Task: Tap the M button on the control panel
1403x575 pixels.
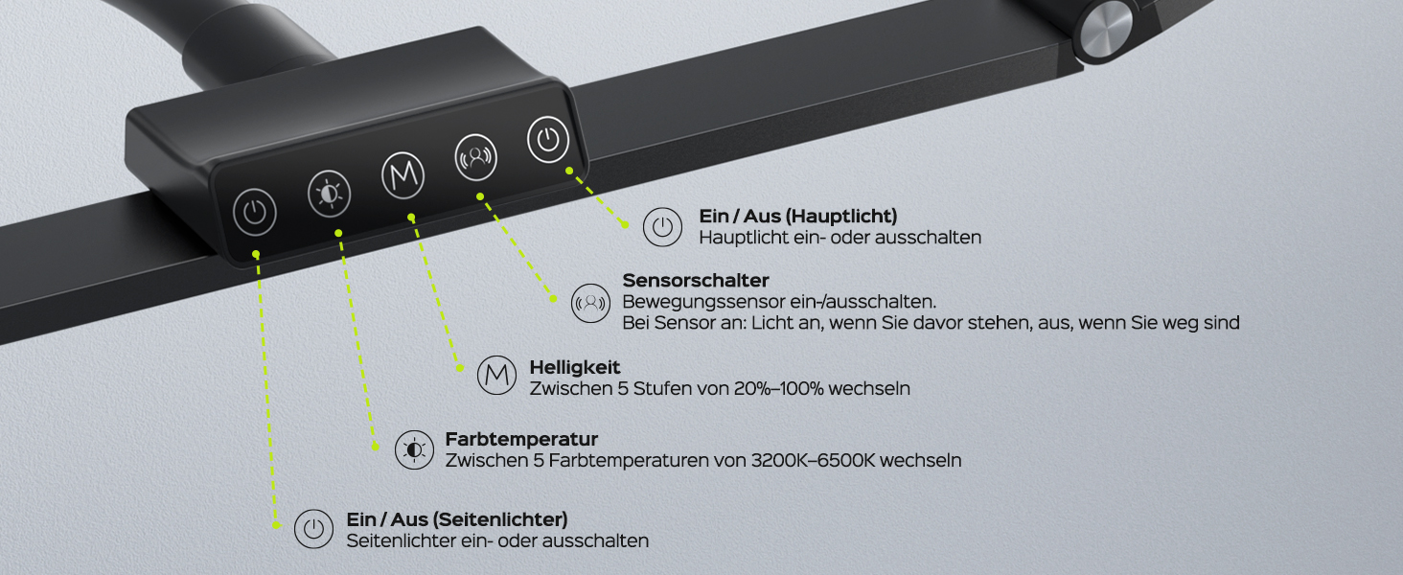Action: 402,175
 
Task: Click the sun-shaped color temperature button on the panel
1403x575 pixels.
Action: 329,194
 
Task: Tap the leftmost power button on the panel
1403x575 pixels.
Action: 254,213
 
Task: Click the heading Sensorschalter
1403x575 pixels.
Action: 695,280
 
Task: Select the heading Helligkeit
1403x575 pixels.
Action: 574,367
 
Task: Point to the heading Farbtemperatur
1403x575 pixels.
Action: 521,439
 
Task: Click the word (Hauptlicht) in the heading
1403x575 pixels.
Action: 841,216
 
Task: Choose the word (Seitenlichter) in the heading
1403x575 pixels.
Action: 500,519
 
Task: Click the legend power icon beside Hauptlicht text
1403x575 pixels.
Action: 662,227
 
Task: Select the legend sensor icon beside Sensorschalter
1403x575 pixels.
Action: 590,303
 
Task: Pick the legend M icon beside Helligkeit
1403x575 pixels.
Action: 496,376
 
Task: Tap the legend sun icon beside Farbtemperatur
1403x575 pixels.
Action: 414,449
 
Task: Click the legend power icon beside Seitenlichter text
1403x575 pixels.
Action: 313,529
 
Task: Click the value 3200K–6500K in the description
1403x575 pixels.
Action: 813,460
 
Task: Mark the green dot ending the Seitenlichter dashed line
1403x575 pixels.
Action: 276,525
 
